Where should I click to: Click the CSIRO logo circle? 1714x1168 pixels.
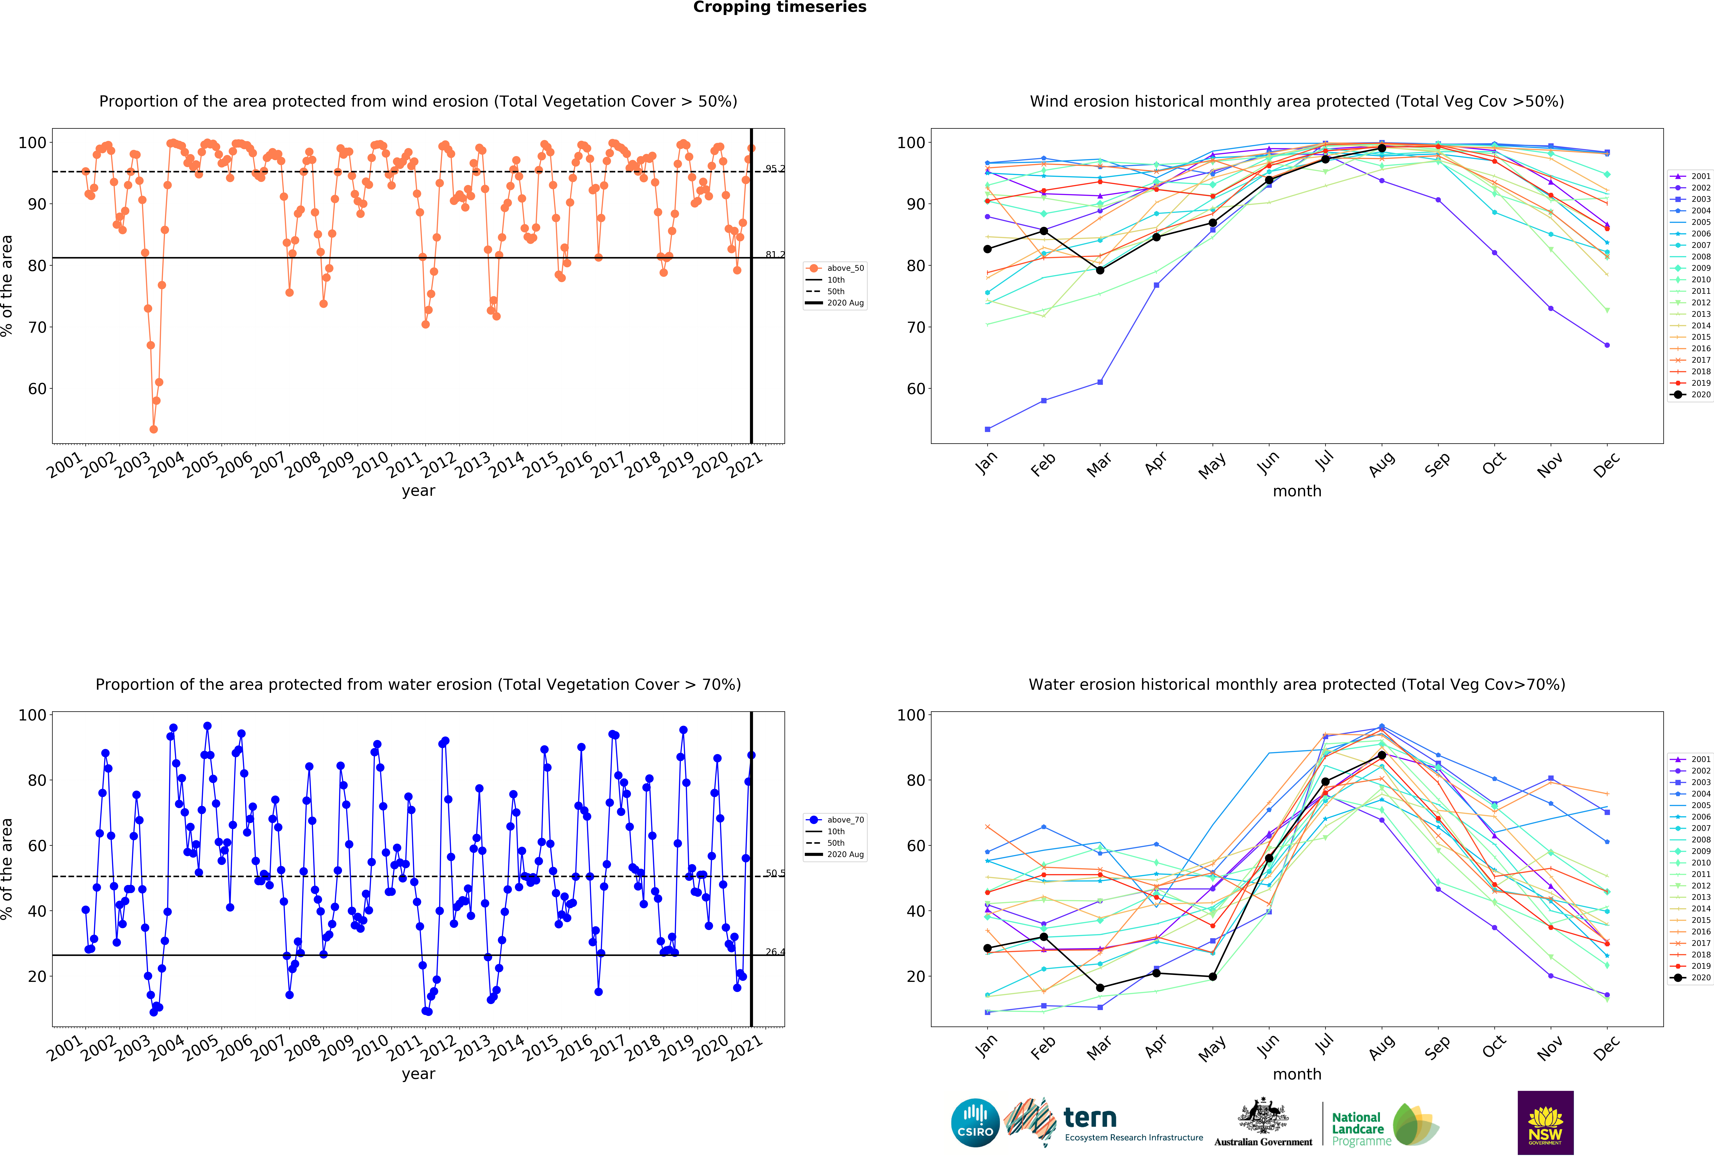(975, 1123)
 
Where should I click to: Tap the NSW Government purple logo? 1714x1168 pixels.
(1545, 1122)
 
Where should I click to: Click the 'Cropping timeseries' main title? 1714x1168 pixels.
(780, 7)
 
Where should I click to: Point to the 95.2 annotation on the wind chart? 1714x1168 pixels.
(774, 169)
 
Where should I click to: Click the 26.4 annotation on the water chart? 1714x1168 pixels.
(774, 952)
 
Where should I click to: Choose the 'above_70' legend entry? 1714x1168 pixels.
(844, 820)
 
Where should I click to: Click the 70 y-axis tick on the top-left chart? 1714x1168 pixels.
(37, 327)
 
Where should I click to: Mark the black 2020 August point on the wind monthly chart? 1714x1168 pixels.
(1381, 148)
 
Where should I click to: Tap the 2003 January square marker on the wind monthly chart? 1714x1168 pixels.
(987, 429)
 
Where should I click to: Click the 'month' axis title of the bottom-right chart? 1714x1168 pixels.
(1297, 1074)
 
